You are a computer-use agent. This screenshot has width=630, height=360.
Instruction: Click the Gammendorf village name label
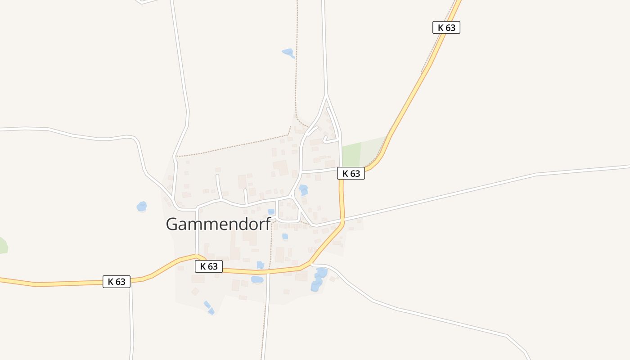click(x=218, y=224)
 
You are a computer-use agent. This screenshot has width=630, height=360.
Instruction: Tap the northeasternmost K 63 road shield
click(x=446, y=27)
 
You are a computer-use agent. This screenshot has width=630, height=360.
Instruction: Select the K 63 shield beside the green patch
click(x=351, y=173)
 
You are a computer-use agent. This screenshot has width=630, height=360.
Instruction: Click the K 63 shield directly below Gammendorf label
click(x=209, y=266)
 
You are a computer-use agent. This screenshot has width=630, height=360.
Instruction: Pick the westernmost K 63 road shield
click(x=116, y=282)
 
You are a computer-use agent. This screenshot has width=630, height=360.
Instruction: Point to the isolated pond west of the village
click(x=142, y=207)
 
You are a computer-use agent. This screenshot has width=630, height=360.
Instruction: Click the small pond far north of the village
click(x=288, y=53)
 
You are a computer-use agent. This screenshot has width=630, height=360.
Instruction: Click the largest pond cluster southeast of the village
click(x=319, y=279)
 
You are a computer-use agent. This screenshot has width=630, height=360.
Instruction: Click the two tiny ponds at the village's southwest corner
click(x=209, y=308)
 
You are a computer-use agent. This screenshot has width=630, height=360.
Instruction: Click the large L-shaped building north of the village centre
click(x=281, y=167)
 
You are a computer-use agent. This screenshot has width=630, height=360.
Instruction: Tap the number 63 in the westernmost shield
click(x=121, y=282)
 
